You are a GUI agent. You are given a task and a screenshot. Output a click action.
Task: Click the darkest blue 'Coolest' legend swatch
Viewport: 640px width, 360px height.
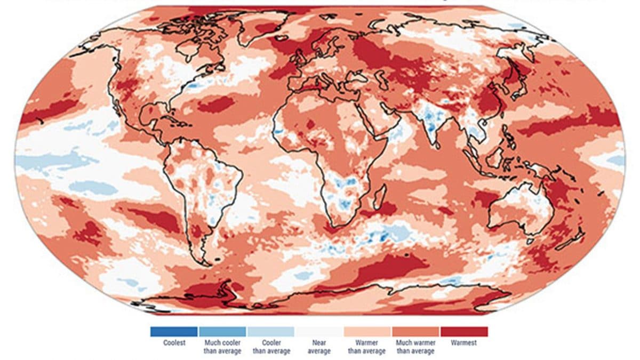pos(173,332)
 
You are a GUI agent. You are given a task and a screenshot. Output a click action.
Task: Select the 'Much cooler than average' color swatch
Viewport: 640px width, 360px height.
pos(222,332)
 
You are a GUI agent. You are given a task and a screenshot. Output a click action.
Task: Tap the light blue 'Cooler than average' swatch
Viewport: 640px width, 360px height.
pos(270,332)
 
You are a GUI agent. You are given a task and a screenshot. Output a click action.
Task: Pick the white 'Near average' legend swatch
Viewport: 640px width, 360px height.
pos(319,332)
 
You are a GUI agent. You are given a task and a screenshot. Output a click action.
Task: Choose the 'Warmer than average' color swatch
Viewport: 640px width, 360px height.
pos(367,332)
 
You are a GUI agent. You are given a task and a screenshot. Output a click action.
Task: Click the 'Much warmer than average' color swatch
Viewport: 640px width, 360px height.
pos(415,332)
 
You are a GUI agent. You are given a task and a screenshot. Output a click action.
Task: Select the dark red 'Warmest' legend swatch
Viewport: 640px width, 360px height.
pos(464,332)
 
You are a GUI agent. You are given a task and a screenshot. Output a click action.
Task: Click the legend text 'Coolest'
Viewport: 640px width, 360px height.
pos(174,343)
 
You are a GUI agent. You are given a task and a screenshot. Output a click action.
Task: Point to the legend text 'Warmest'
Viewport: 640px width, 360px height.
pos(463,343)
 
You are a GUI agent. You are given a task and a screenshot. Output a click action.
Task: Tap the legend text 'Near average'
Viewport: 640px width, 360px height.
pos(319,347)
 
